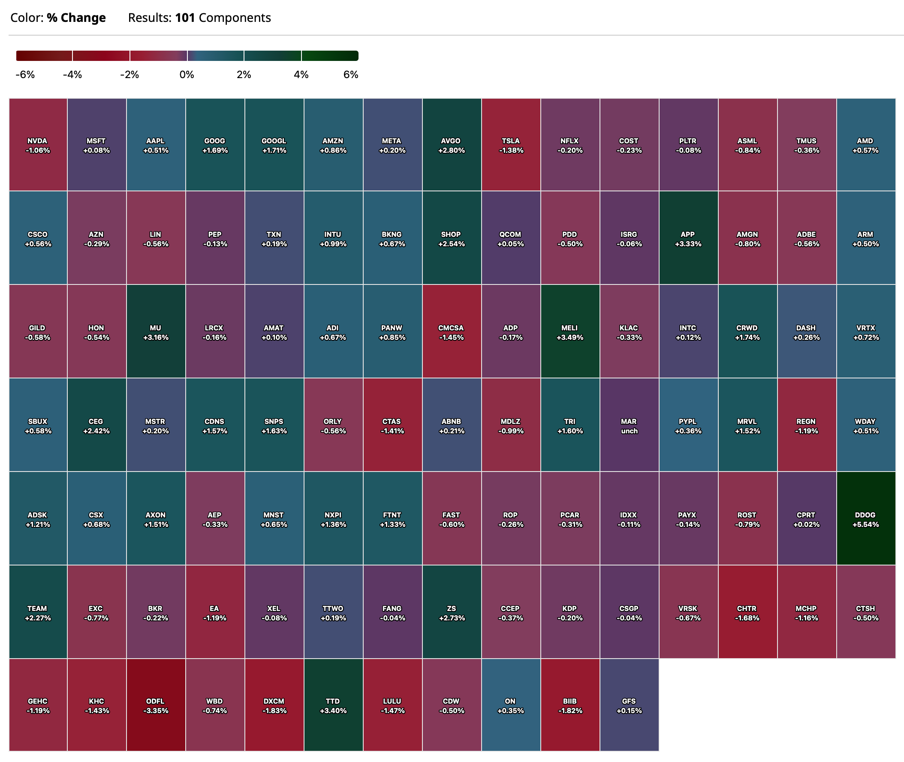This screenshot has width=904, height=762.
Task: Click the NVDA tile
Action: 38,145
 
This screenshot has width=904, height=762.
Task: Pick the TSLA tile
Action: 511,145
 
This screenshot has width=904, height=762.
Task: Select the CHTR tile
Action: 747,612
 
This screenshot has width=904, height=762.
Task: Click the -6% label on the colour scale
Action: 25,75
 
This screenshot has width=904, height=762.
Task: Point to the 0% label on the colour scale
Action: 187,75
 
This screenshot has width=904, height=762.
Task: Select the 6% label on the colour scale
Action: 350,75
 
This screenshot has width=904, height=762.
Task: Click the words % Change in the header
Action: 76,18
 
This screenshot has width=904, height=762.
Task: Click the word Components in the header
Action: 235,18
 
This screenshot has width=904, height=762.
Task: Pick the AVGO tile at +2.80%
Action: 452,145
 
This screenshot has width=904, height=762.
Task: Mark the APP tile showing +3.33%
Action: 688,239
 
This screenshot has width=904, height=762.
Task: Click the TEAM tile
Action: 38,612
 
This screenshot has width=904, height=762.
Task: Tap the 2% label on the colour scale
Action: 244,75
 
